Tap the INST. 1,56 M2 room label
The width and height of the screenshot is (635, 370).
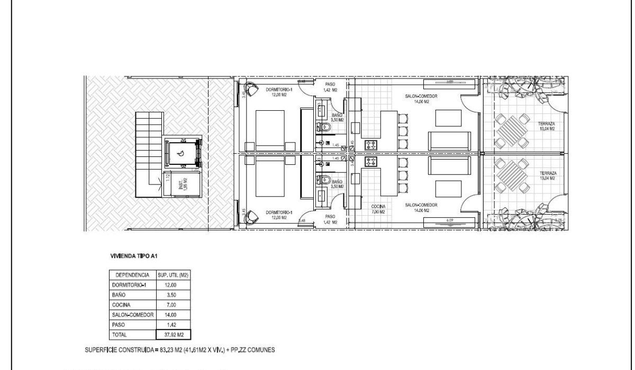(180, 184)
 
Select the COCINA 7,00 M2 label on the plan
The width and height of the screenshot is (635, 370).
(378, 208)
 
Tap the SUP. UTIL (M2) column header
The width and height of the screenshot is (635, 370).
(173, 275)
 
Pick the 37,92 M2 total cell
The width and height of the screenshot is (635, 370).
(173, 334)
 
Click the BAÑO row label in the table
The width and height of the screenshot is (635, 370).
(118, 295)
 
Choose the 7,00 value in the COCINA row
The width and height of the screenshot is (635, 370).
(173, 305)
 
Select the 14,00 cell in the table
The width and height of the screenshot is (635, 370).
(173, 315)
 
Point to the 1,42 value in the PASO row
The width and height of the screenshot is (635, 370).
(173, 324)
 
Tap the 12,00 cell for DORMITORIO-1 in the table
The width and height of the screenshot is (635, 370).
(173, 285)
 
